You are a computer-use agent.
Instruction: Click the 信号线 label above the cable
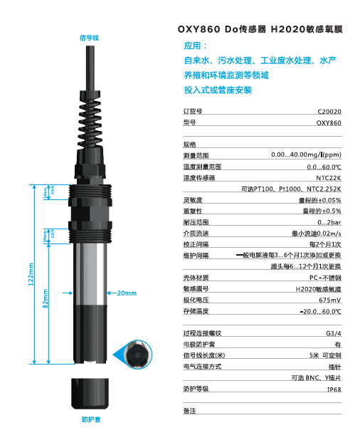click(89, 37)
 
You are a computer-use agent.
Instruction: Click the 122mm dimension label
click(31, 273)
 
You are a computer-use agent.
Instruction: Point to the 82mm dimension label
click(46, 299)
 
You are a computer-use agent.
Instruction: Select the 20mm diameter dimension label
click(126, 293)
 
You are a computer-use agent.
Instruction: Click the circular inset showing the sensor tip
click(138, 355)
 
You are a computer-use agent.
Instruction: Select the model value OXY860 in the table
click(328, 122)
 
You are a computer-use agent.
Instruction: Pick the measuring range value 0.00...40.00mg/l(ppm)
click(306, 155)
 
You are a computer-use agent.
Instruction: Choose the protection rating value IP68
click(334, 389)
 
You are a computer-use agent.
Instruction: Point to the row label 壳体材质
click(194, 278)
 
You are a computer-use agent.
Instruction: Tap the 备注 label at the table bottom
click(189, 411)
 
